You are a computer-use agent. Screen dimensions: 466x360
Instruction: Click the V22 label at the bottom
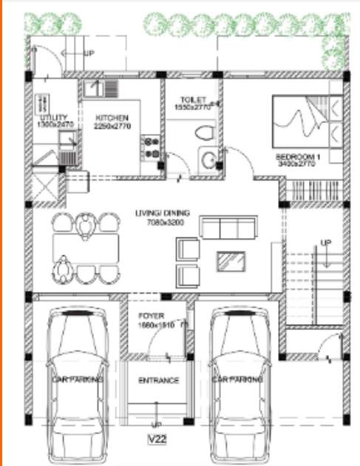(x=157, y=441)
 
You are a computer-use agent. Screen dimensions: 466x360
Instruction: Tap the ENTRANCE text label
(x=159, y=380)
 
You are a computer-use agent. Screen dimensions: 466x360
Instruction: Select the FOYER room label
(x=152, y=317)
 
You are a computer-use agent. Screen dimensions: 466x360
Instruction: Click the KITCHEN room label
(x=112, y=118)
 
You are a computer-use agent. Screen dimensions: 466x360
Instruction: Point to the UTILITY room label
(x=53, y=118)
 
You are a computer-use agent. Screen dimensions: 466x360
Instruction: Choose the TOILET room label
(x=194, y=100)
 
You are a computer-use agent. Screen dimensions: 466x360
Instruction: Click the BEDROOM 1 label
(x=297, y=158)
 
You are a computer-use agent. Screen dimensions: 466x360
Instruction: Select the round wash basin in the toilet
(x=208, y=158)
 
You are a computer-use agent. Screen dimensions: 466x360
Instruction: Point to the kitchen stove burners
(x=152, y=146)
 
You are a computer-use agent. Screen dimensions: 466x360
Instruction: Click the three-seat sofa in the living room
(x=229, y=226)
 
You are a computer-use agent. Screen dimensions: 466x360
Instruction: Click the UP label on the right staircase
(x=326, y=243)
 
